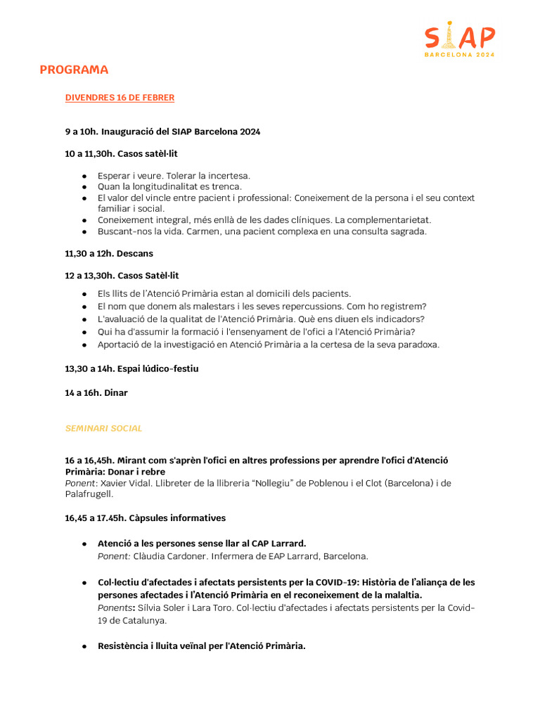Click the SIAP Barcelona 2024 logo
click(x=459, y=40)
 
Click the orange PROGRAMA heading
click(x=74, y=70)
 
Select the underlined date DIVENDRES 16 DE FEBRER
click(x=120, y=98)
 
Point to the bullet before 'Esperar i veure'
click(x=84, y=176)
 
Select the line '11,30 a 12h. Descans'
click(x=109, y=253)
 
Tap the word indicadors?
click(x=399, y=319)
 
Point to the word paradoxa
click(x=418, y=345)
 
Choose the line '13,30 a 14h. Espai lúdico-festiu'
click(x=131, y=369)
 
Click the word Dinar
click(x=116, y=393)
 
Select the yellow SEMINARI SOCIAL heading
click(x=103, y=427)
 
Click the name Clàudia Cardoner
click(x=164, y=556)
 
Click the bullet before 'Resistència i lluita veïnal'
click(x=84, y=646)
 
